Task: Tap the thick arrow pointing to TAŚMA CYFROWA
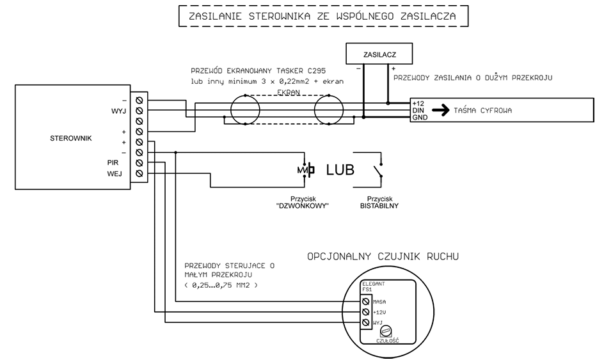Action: tap(440, 110)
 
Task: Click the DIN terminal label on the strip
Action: tap(419, 110)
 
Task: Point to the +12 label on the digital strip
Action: tap(419, 103)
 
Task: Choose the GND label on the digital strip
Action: tap(420, 118)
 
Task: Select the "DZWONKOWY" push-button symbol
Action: tap(306, 170)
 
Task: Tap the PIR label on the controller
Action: tap(113, 162)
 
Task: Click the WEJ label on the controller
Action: tap(115, 173)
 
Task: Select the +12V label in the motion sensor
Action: tap(379, 312)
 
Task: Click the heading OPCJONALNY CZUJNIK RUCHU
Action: tap(383, 257)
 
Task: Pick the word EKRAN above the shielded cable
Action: tap(289, 93)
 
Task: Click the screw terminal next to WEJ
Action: tap(139, 173)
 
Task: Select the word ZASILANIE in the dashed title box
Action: tap(216, 17)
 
